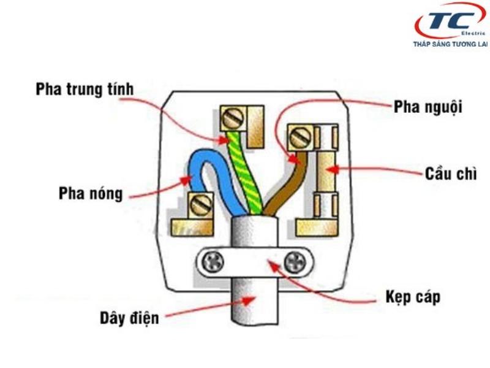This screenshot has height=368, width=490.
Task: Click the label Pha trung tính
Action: tap(85, 90)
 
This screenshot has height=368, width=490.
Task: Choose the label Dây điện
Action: tap(129, 318)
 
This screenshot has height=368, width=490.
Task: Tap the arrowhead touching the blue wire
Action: tap(189, 179)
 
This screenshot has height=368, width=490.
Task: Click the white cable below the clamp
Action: tap(251, 307)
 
